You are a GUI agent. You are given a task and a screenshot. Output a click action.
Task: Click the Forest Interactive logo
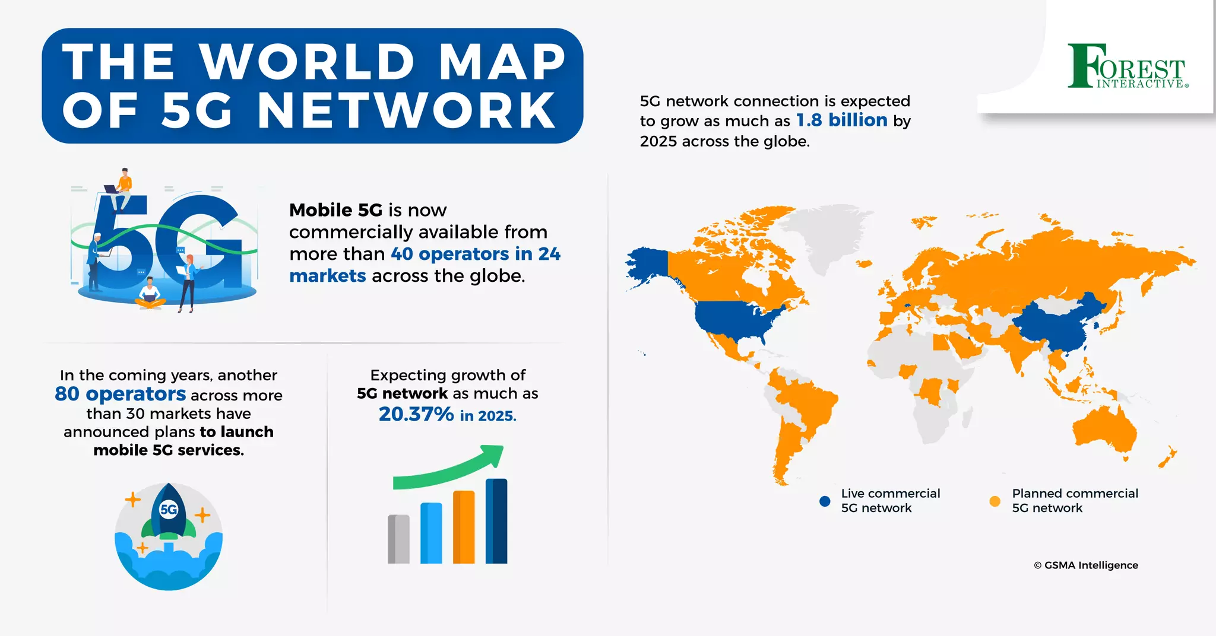[1127, 66]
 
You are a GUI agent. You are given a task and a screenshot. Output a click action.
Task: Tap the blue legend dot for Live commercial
[825, 501]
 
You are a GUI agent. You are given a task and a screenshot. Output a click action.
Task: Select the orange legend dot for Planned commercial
[995, 501]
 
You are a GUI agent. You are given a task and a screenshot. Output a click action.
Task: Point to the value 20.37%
[416, 414]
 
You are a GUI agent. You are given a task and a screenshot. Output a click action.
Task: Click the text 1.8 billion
[841, 120]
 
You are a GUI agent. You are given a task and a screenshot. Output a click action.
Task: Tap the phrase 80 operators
[120, 394]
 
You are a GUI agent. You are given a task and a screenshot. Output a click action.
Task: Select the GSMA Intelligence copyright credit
[1086, 565]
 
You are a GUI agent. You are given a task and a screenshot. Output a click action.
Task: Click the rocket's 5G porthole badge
[169, 509]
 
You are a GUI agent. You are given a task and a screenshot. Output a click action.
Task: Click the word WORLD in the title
[306, 62]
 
